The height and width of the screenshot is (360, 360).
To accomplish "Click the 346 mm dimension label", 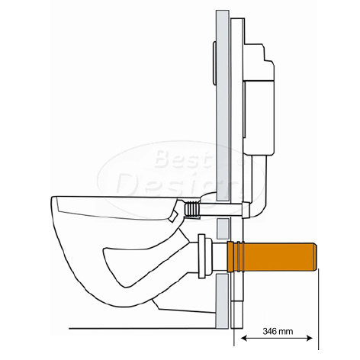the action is click(278, 331).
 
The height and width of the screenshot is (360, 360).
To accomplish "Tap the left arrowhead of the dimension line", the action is click(243, 338).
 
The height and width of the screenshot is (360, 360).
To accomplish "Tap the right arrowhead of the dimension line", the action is click(310, 338).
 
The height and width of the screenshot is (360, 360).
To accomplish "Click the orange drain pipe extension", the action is click(272, 256).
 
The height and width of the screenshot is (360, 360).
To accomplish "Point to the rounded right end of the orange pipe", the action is click(314, 256).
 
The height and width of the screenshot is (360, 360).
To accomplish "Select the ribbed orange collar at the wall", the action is click(236, 256).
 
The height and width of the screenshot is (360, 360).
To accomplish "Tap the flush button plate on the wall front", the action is click(214, 63).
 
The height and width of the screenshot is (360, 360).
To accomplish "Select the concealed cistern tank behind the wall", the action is click(259, 99).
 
